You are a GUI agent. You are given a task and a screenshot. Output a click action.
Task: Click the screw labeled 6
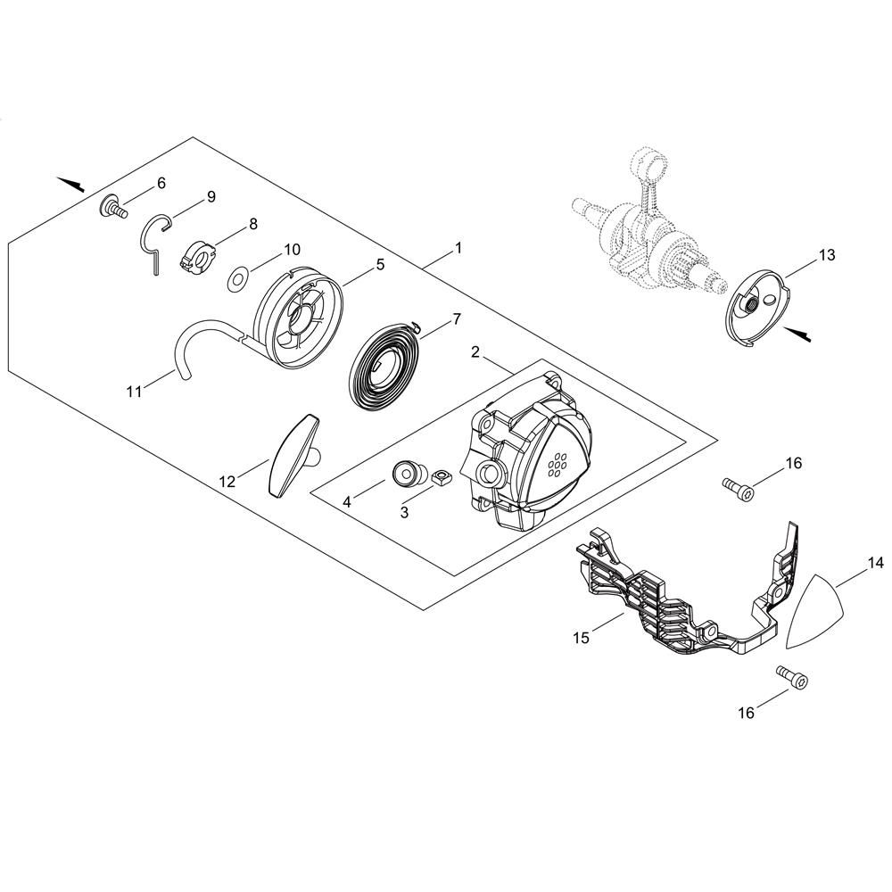click(x=113, y=208)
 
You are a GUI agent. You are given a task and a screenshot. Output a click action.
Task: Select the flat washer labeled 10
click(x=236, y=281)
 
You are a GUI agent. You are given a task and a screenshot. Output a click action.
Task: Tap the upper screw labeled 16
click(x=738, y=488)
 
